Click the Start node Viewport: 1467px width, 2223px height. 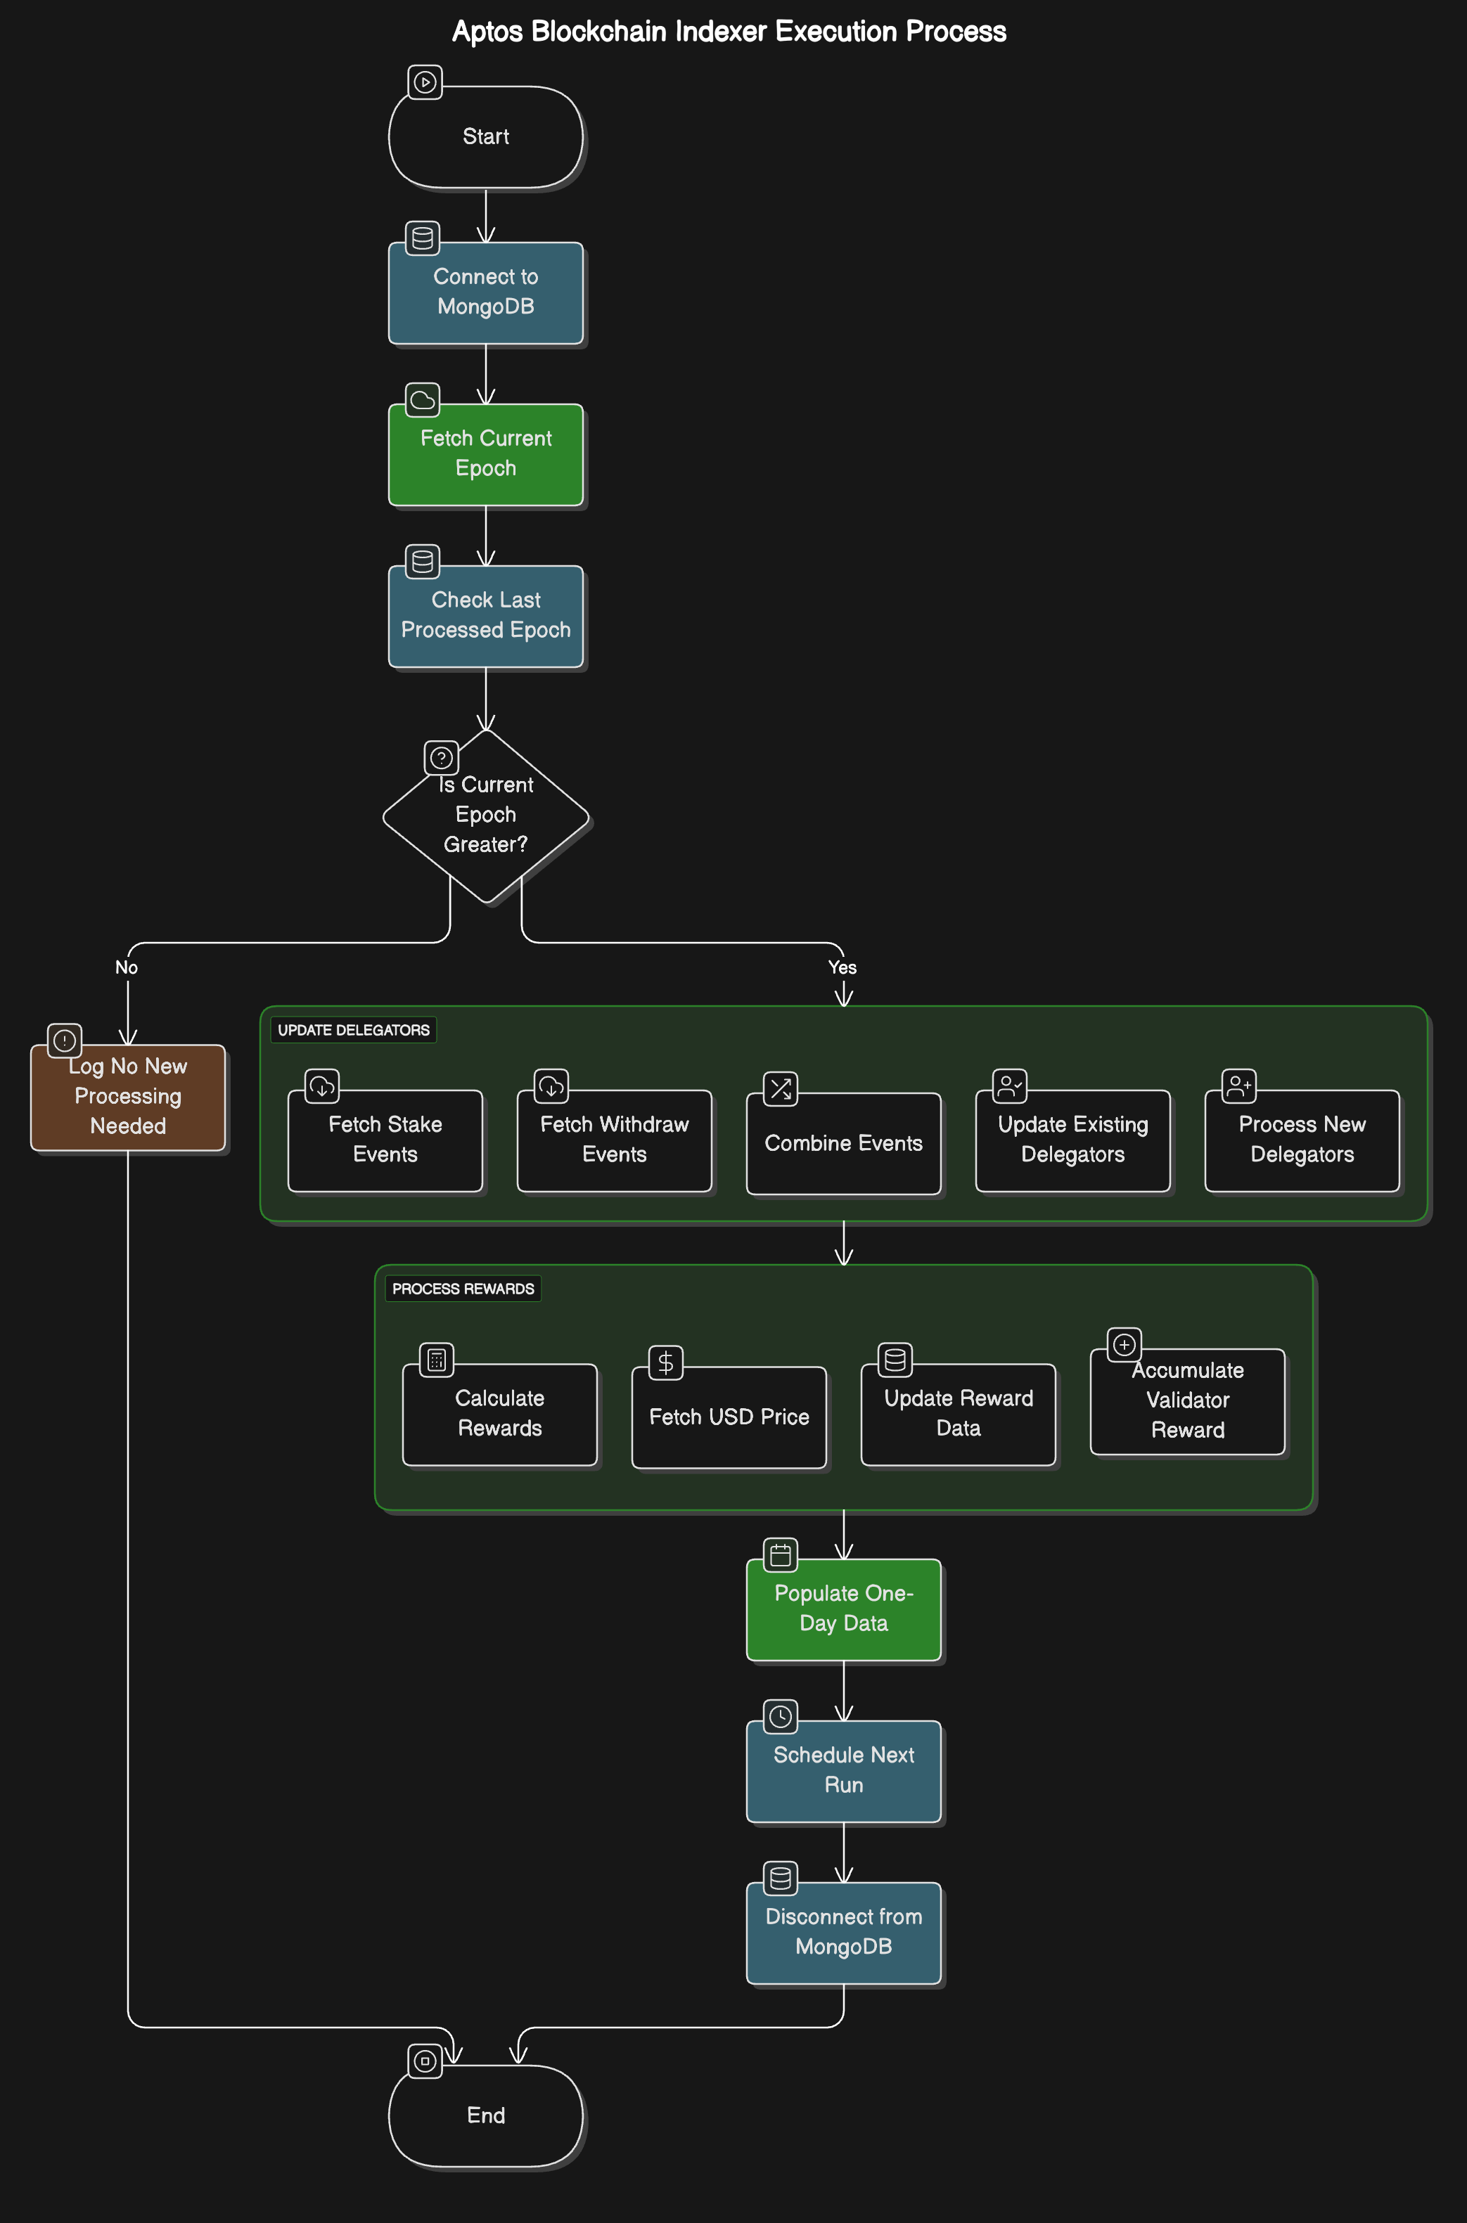(485, 136)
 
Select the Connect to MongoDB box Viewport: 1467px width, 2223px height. (485, 292)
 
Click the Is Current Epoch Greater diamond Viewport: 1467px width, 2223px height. (485, 816)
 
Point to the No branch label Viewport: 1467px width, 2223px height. (127, 967)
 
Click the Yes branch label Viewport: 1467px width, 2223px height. (842, 967)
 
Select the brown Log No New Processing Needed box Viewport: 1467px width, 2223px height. (128, 1096)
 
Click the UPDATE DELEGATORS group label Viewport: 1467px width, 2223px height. (354, 1030)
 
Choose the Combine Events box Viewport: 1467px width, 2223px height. (843, 1143)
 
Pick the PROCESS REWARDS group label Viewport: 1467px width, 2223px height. (463, 1289)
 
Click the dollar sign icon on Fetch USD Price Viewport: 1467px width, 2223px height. (665, 1362)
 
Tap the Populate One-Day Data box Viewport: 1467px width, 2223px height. (843, 1608)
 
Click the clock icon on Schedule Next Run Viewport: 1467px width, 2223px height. (781, 1716)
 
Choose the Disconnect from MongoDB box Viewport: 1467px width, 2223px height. (843, 1931)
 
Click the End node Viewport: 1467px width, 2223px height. (485, 2115)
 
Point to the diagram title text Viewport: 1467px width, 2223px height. (729, 32)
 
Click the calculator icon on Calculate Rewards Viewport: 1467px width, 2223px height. (436, 1360)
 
